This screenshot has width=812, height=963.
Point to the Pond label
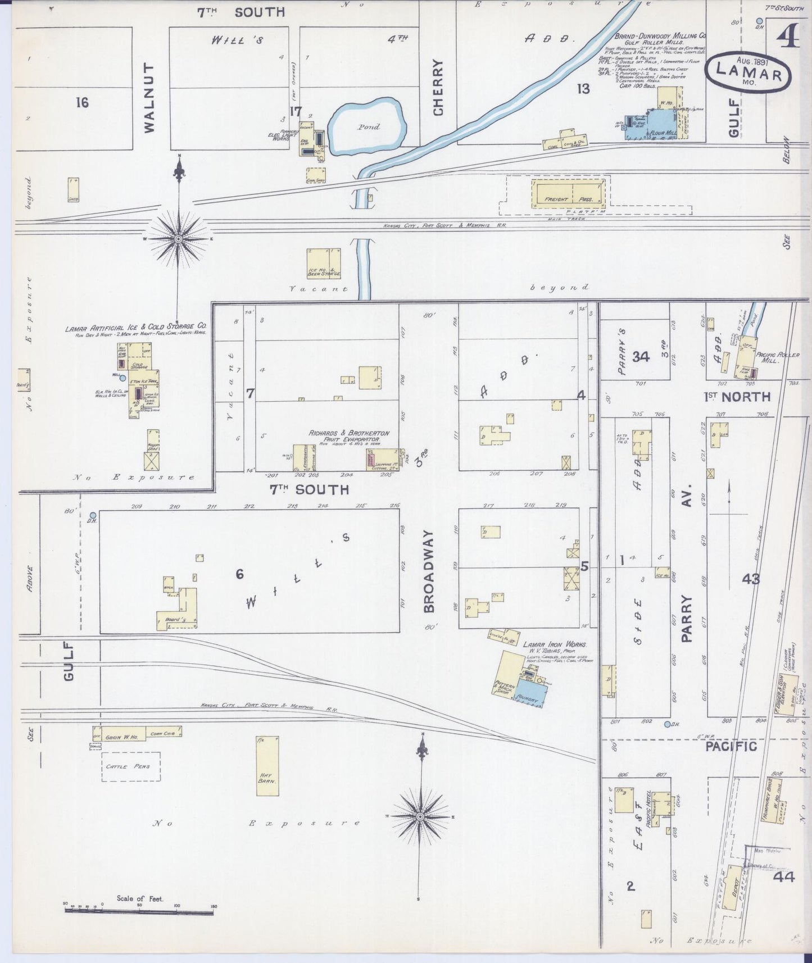click(369, 127)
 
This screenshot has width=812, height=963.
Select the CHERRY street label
click(438, 88)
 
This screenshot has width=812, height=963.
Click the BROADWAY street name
click(429, 571)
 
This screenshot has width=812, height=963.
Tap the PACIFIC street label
click(731, 746)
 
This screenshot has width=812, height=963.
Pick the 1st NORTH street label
click(737, 397)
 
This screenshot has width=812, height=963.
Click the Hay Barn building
click(267, 766)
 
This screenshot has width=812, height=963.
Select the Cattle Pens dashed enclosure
click(131, 766)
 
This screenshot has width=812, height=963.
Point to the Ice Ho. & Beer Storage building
click(324, 263)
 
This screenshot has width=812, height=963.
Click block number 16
click(82, 102)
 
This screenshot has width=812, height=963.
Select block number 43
click(751, 578)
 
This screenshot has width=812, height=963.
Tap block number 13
click(583, 89)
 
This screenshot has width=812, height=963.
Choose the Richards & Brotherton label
click(348, 433)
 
